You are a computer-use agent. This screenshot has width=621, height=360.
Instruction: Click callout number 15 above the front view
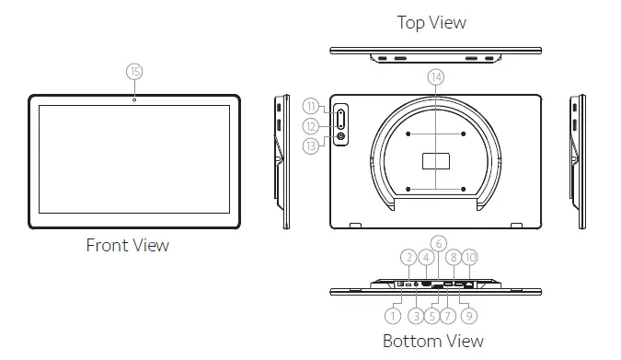135,71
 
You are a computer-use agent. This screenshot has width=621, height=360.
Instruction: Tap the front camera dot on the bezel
135,99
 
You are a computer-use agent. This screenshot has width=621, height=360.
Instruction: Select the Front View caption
128,245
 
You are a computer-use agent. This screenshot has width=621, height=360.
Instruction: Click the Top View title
431,22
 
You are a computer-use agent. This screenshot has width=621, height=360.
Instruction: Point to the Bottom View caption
432,341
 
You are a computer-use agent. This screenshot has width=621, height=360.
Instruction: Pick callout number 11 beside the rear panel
312,106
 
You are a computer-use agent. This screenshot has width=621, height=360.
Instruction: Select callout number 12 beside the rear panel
312,125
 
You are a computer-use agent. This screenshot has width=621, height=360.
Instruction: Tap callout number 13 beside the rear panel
312,145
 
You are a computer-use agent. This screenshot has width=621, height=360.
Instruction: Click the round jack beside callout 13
342,137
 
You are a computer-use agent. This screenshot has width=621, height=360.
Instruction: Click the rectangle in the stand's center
436,161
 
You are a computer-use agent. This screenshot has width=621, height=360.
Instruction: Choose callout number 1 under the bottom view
393,316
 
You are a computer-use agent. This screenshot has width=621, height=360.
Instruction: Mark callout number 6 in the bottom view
439,243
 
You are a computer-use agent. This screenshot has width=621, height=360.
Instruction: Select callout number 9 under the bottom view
469,316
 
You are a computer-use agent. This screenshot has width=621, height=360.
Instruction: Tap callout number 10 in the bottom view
469,259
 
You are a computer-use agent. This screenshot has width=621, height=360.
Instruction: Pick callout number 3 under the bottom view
415,316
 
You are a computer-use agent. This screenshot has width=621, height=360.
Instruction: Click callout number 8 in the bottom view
454,259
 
